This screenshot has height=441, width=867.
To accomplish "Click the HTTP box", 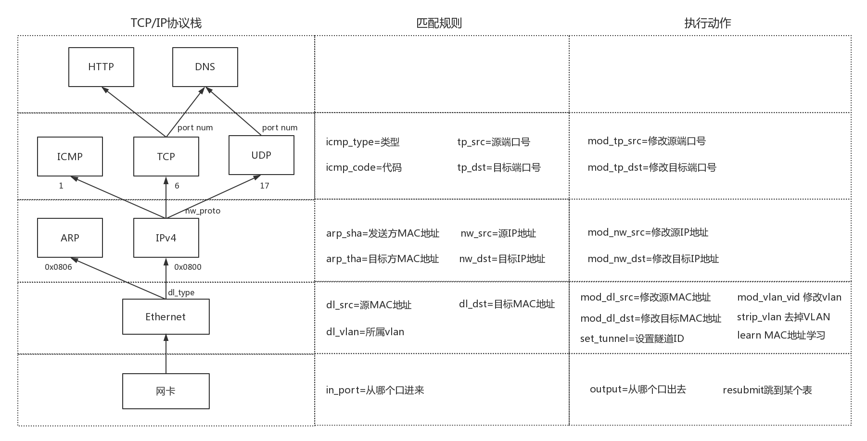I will click(101, 67).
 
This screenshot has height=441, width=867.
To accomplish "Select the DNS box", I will click(205, 67).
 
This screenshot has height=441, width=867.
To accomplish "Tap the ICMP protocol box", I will click(70, 156).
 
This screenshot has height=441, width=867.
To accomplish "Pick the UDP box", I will click(261, 155).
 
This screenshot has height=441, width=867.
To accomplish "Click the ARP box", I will click(70, 238).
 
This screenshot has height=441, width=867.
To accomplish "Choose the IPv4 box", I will click(166, 238).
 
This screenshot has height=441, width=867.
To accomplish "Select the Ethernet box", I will click(166, 316).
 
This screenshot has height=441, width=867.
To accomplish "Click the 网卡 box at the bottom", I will click(166, 391).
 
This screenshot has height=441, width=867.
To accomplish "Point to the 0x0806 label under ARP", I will click(58, 267).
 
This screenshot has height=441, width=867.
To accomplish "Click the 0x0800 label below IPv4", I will click(188, 267).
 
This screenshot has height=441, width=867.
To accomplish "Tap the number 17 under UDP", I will click(265, 186).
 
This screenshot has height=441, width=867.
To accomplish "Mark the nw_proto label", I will click(203, 211).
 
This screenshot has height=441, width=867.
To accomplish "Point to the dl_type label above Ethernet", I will click(181, 292).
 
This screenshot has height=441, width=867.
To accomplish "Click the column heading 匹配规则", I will click(439, 23).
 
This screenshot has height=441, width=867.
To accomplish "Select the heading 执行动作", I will click(707, 23).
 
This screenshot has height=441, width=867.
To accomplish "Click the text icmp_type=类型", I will click(363, 142).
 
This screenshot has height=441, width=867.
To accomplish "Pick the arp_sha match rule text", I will click(382, 233).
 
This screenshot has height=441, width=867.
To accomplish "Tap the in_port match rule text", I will click(375, 390).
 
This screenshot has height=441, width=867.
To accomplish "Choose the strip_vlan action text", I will click(783, 317).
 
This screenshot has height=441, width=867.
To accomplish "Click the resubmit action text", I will click(767, 390).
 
